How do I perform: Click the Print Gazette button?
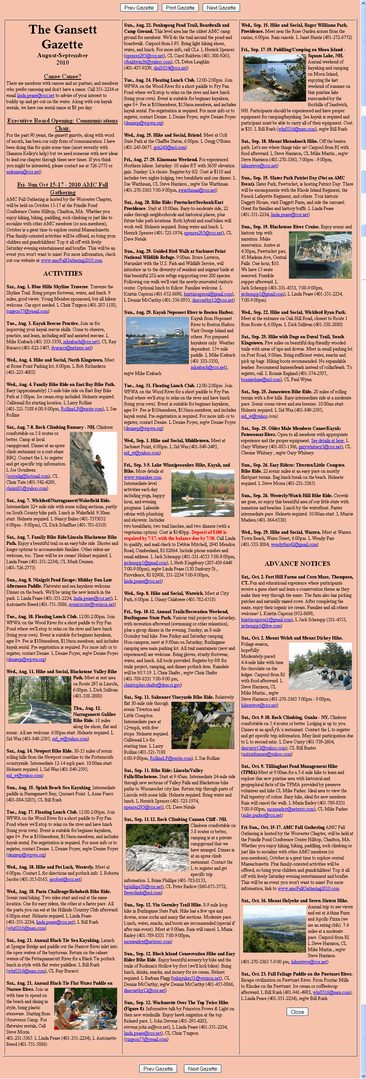click(x=180, y=8)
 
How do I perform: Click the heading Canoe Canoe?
click(x=62, y=76)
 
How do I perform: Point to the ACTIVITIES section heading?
click(x=62, y=273)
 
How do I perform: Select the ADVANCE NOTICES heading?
click(x=297, y=564)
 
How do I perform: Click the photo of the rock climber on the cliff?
click(x=93, y=457)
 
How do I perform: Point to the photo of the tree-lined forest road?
click(x=39, y=696)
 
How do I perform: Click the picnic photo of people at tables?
click(x=85, y=1009)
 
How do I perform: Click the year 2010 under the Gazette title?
click(x=62, y=62)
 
